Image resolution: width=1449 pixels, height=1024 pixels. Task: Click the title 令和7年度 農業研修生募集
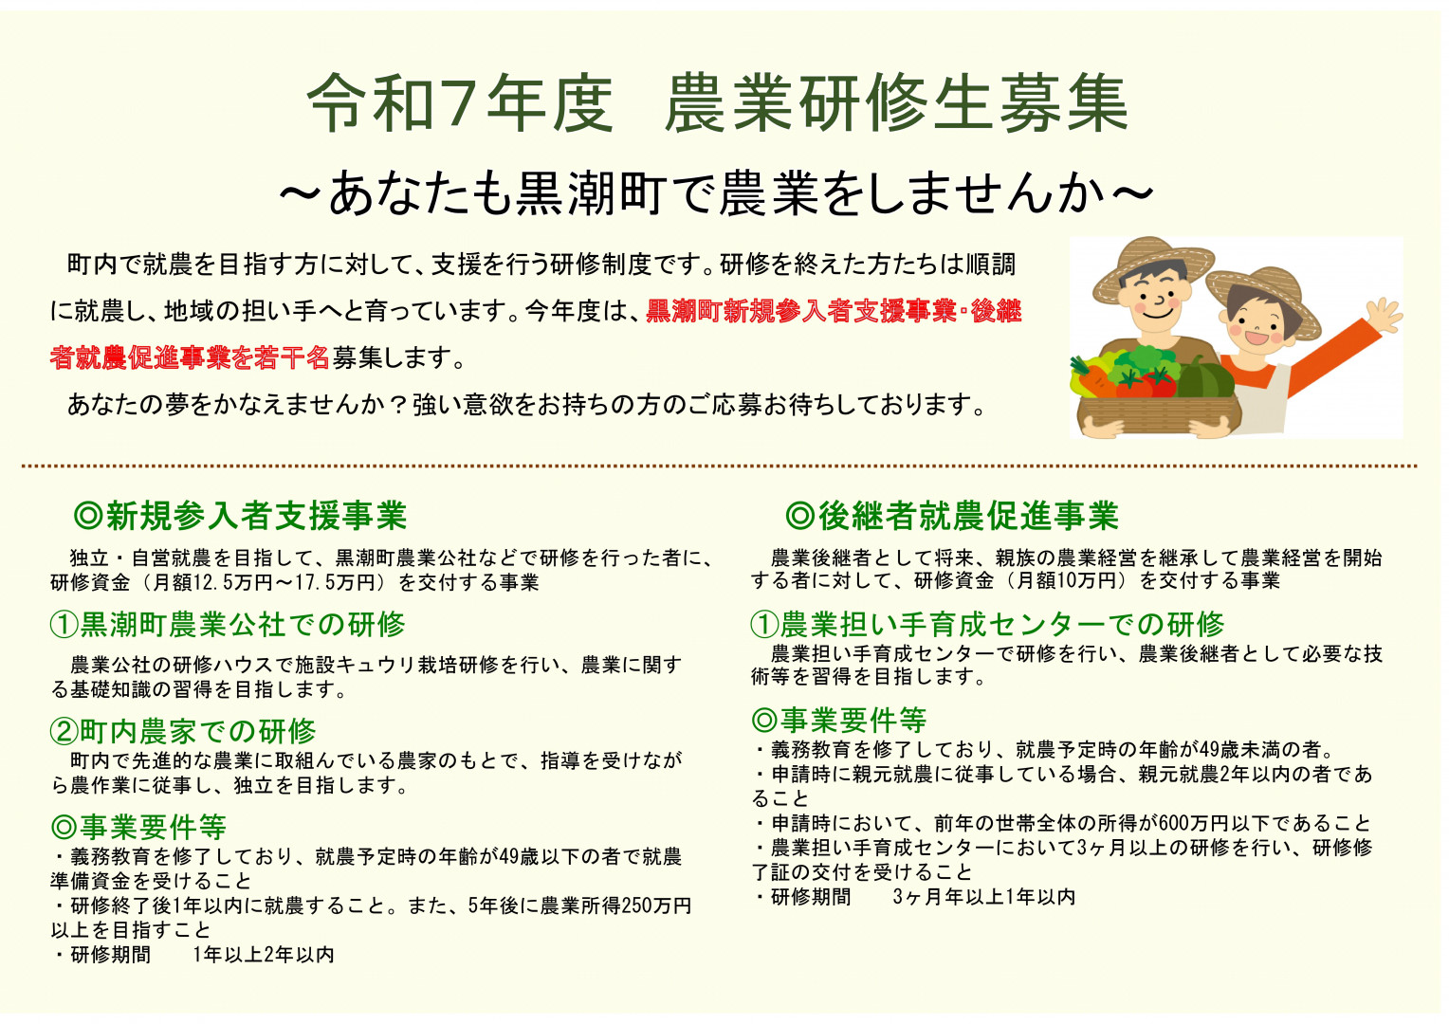tap(718, 103)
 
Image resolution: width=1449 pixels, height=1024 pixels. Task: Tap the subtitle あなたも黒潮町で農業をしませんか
tap(717, 192)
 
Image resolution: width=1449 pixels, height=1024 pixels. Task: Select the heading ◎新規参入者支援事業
tap(240, 516)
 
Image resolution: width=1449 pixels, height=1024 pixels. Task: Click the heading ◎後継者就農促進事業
tap(951, 516)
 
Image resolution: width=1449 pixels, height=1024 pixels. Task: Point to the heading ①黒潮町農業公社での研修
tap(228, 625)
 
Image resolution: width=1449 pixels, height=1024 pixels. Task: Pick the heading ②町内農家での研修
tap(183, 732)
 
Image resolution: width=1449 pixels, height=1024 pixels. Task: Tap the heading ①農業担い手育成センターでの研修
tap(987, 625)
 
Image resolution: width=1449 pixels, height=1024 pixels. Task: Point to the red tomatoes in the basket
tap(1145, 384)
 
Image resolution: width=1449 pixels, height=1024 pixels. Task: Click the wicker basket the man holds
tap(1158, 414)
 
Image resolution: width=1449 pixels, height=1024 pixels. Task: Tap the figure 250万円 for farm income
tap(656, 905)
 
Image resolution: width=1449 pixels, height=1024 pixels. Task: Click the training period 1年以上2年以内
tap(264, 955)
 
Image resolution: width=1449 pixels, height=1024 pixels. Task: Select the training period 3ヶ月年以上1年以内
tap(984, 897)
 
